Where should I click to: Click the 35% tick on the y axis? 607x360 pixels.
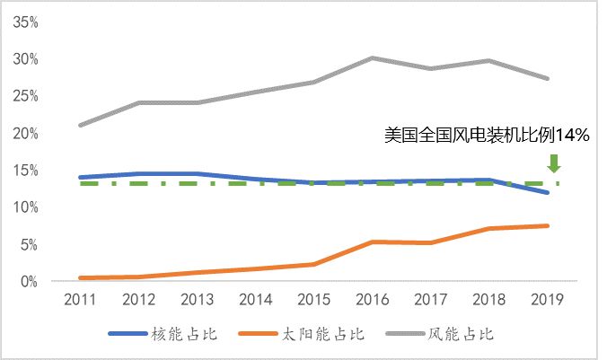pyautogui.click(x=24, y=22)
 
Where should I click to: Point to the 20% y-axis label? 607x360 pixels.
pyautogui.click(x=24, y=133)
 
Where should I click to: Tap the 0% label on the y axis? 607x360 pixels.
pyautogui.click(x=28, y=281)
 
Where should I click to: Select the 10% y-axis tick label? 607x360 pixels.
pyautogui.click(x=24, y=207)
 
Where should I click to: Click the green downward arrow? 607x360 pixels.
pyautogui.click(x=554, y=162)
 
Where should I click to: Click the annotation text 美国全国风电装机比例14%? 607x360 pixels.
pyautogui.click(x=485, y=136)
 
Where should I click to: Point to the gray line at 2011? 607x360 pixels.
pyautogui.click(x=82, y=125)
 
